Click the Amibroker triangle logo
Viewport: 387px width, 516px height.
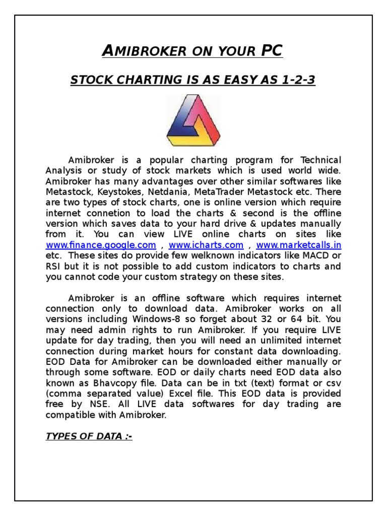click(193, 121)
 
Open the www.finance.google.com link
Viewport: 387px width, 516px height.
click(101, 245)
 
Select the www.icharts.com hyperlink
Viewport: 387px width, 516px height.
click(206, 245)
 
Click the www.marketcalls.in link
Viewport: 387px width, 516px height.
click(299, 245)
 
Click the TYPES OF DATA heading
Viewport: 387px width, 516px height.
click(89, 436)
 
